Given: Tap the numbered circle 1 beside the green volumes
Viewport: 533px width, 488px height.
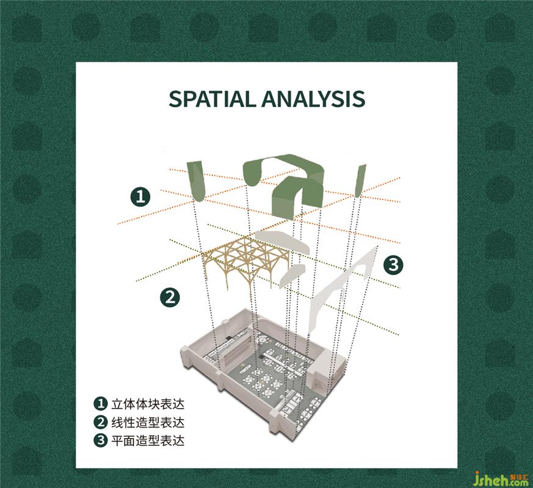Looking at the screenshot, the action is [140, 196].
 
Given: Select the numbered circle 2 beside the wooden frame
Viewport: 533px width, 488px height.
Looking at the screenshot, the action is [170, 297].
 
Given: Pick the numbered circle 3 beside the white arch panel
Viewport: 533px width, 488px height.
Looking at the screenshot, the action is [393, 264].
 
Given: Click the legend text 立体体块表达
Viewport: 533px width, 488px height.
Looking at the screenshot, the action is [148, 404].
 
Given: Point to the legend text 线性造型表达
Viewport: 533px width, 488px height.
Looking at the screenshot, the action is [148, 422].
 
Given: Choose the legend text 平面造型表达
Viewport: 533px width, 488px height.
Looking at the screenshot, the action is [148, 440].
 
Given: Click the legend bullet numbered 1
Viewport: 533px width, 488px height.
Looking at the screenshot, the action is [100, 404].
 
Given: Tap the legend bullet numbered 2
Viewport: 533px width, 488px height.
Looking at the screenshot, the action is [100, 422].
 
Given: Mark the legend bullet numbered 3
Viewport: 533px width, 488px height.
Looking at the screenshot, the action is [100, 440].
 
